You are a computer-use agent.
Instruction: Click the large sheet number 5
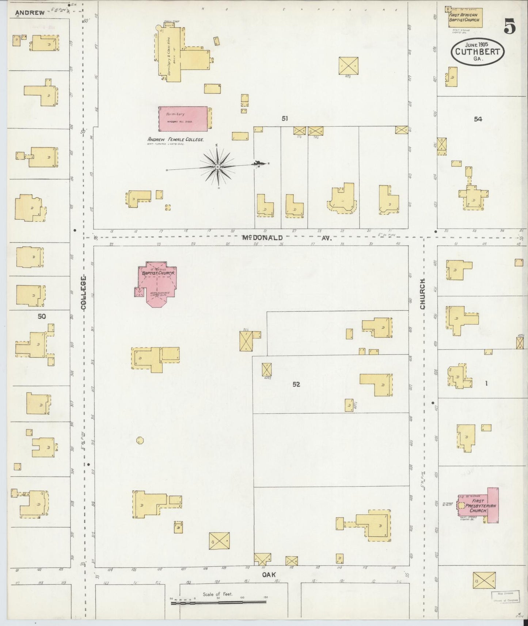(x=510, y=26)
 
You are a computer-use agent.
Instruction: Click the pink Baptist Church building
(x=157, y=283)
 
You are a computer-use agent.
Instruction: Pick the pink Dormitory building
(x=183, y=119)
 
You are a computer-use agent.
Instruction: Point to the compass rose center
(x=217, y=167)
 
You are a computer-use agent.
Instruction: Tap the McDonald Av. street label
(x=286, y=238)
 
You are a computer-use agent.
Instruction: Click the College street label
(x=83, y=293)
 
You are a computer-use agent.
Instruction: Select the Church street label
(x=423, y=294)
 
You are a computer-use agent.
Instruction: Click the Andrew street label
(x=30, y=13)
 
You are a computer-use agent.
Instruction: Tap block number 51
(x=285, y=118)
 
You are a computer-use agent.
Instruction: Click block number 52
(x=296, y=384)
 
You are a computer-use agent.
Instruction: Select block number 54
(x=478, y=119)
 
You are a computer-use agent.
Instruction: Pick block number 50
(x=42, y=316)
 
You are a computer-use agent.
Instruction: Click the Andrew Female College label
(x=175, y=139)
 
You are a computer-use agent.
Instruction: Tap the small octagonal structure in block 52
(x=140, y=440)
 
